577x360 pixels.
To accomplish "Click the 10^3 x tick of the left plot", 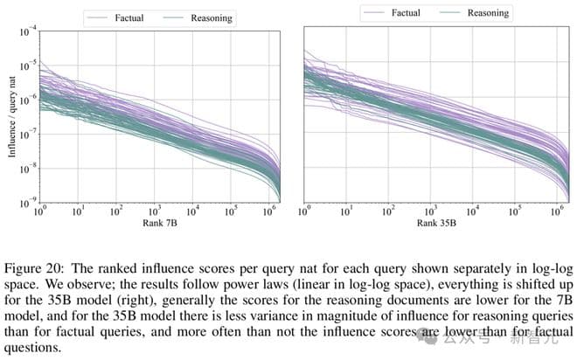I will [154, 211].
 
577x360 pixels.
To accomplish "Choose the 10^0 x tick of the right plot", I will [306, 211].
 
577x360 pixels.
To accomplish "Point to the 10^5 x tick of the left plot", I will [231, 211].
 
